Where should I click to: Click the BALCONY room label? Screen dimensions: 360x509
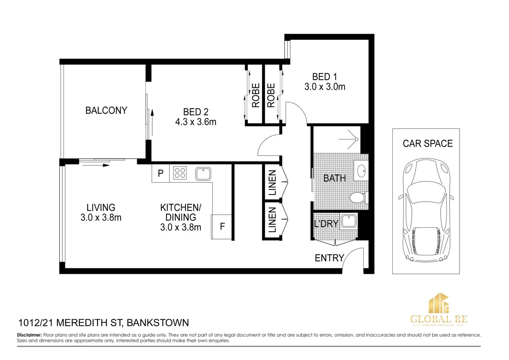coord(106,110)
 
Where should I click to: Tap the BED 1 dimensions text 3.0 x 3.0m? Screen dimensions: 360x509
coord(325,87)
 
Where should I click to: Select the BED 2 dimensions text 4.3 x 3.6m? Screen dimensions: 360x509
coord(196,122)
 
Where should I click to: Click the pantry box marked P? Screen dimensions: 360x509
coord(161,173)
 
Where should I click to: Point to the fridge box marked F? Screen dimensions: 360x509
coord(222,227)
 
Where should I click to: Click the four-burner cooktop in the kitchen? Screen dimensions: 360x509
coord(180,173)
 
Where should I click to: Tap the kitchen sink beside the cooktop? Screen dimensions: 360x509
coord(203,174)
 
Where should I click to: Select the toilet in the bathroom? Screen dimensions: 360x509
coord(358,198)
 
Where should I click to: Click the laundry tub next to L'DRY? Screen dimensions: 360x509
coord(349,221)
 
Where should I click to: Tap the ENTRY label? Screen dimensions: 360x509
coord(329,258)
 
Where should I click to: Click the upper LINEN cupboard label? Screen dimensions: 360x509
coord(272,183)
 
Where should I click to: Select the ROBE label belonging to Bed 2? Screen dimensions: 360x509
coord(255,96)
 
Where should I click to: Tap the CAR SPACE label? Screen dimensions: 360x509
coord(427,144)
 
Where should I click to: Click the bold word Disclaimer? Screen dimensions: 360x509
coord(29,335)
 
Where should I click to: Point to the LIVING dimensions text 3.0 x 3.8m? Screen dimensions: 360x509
coord(101,218)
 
